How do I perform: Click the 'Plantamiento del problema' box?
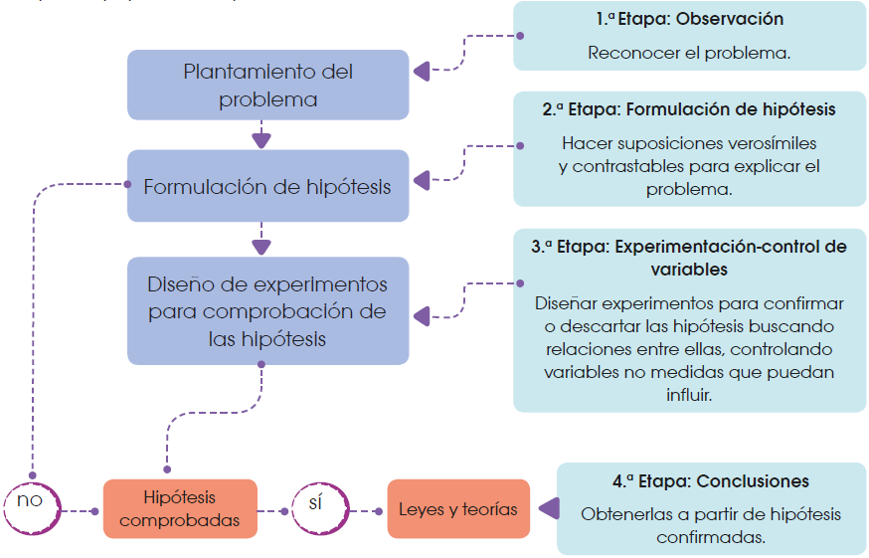coord(267,86)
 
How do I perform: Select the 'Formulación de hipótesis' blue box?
coord(267,186)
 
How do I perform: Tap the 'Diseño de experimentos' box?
coord(267,311)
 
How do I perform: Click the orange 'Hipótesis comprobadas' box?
coord(180,507)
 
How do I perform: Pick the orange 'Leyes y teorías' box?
coord(458,509)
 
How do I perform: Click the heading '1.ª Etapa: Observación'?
coord(690,19)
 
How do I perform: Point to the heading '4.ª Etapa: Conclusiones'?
coord(710,481)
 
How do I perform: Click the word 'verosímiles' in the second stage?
coord(772,142)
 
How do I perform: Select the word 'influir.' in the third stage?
coord(689,394)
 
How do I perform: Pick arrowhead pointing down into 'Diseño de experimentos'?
coord(261,247)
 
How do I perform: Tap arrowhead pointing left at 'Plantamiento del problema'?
coord(421,72)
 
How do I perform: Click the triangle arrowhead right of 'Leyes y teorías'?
coord(546,509)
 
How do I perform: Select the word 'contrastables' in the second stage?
coord(624,166)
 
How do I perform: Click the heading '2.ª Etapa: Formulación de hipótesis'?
coord(689,109)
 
